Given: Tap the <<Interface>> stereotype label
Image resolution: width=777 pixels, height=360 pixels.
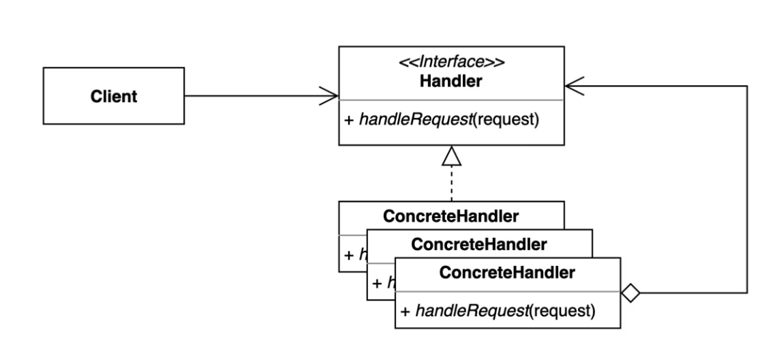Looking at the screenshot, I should (x=451, y=62).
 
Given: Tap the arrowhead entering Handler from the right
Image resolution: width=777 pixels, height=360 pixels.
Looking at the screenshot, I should (x=573, y=86).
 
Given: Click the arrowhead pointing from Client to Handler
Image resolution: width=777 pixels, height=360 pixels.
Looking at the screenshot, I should (x=331, y=95).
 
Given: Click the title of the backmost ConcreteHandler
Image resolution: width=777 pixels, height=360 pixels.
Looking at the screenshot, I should (x=451, y=217).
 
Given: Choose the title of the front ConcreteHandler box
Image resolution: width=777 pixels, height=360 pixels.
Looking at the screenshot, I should (x=508, y=273).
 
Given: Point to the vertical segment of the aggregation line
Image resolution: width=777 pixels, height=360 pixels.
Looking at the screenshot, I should (x=748, y=191).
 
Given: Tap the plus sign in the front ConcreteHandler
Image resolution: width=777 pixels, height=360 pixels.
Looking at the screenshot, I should (x=403, y=312).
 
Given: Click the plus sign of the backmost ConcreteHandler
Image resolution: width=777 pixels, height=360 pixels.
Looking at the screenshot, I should (x=347, y=255).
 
